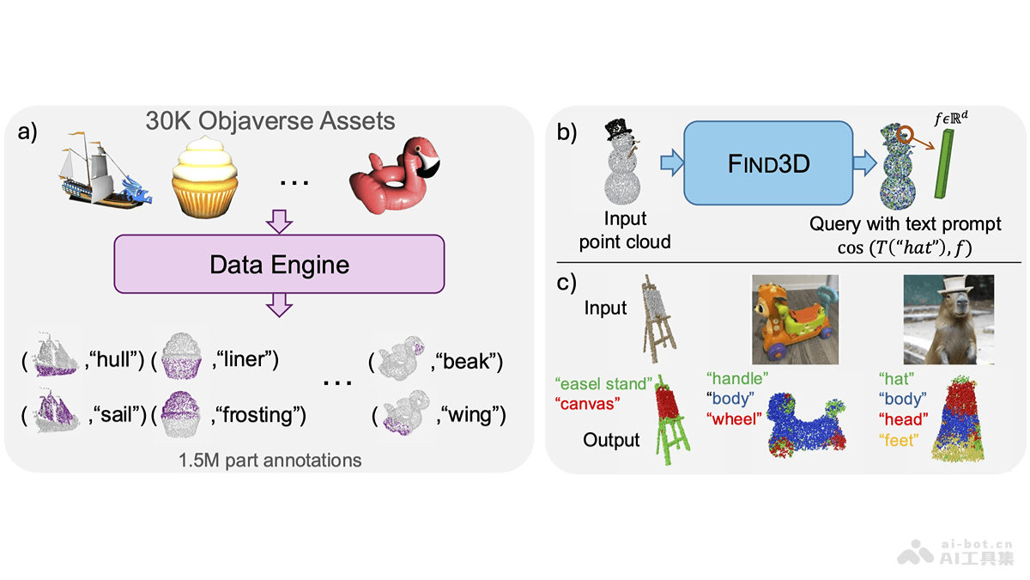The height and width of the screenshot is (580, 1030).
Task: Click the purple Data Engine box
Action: click(x=280, y=264)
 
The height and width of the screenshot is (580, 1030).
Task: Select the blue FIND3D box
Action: click(x=767, y=162)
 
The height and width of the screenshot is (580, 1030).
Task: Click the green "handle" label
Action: click(x=736, y=378)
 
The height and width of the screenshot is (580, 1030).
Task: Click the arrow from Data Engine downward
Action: click(x=280, y=306)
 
